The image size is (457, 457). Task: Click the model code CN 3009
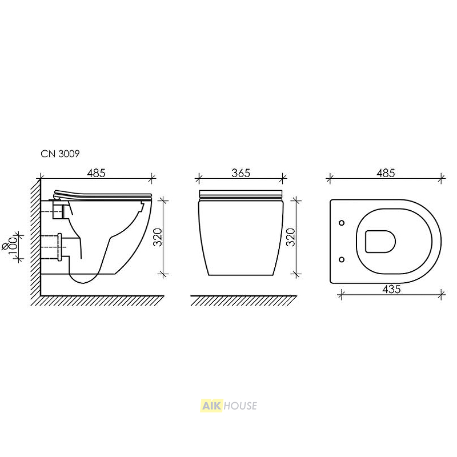(60, 154)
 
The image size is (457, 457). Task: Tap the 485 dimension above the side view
(96, 173)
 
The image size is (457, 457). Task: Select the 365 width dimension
(240, 173)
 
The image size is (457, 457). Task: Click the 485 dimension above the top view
(385, 173)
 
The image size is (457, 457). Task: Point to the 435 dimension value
(391, 289)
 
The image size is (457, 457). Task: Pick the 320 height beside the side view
(158, 237)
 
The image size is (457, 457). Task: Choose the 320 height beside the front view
(291, 237)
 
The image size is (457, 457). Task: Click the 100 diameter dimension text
(13, 246)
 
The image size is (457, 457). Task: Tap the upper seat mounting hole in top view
(342, 223)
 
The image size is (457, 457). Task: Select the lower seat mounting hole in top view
(342, 259)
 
